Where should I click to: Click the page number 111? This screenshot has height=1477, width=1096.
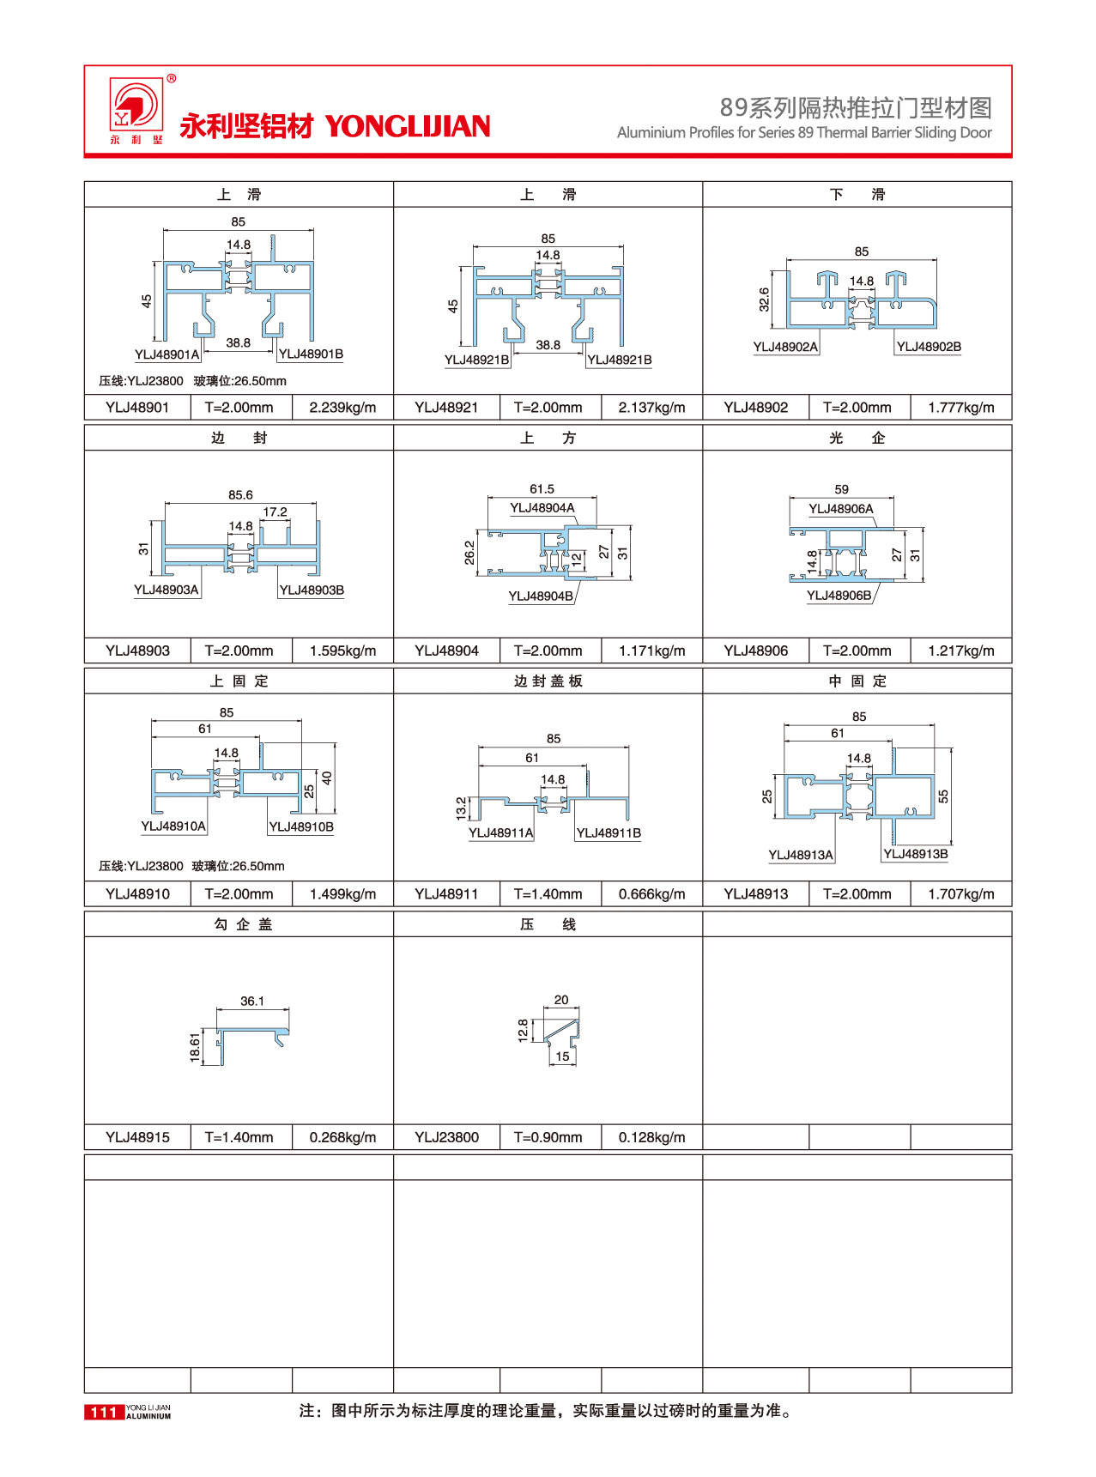coord(104,1412)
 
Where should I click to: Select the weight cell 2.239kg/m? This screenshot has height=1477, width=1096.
coord(342,408)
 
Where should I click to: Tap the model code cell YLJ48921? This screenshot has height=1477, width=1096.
coord(446,408)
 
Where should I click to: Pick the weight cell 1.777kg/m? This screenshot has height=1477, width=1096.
coord(960,408)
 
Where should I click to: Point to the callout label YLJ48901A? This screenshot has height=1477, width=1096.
coord(167,354)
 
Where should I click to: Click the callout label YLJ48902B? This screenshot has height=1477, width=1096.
coord(929,347)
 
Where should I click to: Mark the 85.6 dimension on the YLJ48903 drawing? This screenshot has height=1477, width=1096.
coord(240,495)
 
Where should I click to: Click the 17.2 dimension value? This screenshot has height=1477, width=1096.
coord(275,512)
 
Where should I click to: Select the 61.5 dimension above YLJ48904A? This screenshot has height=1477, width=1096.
coord(542,489)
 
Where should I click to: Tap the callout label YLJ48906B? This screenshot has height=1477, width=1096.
coord(839,596)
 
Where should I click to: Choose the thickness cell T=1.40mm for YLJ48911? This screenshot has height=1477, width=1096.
coord(548,894)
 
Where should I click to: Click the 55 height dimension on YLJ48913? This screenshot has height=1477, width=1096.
coord(943,796)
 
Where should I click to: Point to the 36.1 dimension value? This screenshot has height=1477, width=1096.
coord(252,1002)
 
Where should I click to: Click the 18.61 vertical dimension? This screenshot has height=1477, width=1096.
coord(195,1048)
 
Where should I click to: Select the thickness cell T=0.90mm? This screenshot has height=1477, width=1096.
coord(548,1138)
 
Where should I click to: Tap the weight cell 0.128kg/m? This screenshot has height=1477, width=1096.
coord(651,1138)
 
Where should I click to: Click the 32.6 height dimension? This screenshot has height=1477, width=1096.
coord(764,300)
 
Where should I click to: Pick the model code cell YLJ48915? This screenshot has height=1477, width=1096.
coord(137,1138)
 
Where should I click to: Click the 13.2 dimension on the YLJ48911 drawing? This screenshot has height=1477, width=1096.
coord(462,808)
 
